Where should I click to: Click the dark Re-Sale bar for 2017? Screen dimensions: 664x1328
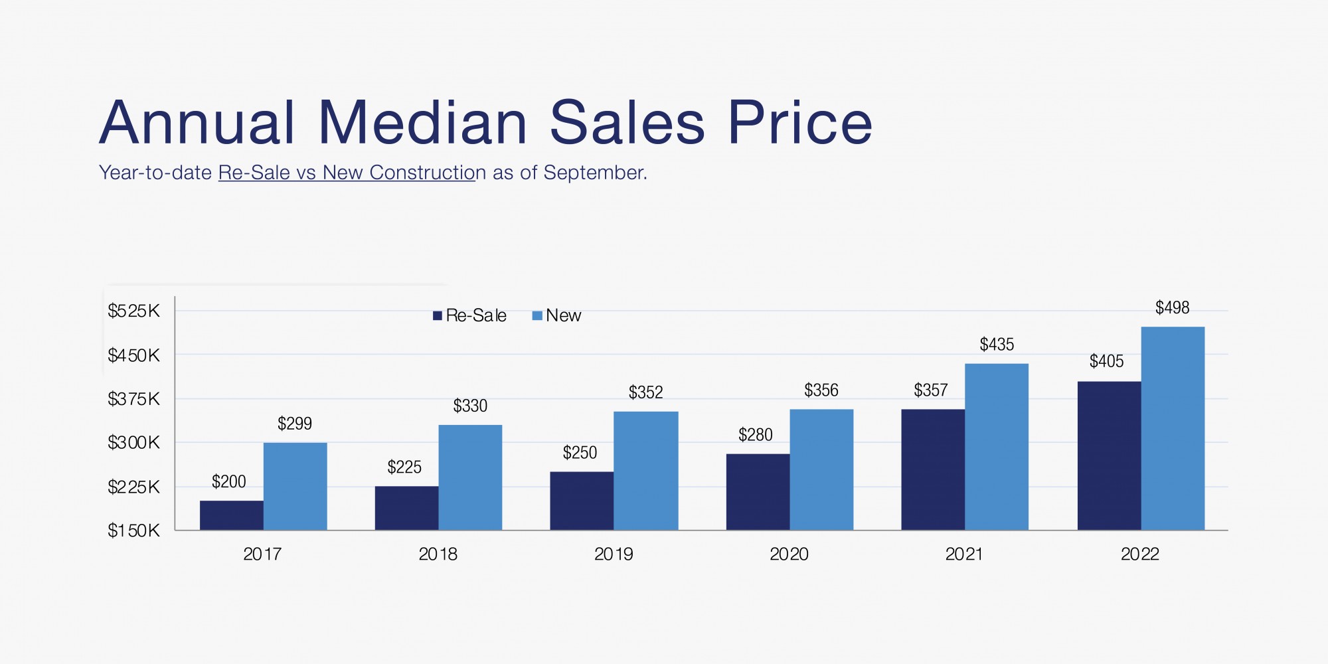click(231, 515)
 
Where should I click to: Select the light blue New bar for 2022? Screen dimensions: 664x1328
click(1173, 428)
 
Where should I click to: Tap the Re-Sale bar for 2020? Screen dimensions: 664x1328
click(758, 492)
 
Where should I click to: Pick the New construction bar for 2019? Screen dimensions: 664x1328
click(645, 471)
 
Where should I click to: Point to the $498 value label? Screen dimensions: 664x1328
click(1172, 307)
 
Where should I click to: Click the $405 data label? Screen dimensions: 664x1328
click(1106, 361)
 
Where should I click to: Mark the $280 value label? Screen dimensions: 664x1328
click(755, 435)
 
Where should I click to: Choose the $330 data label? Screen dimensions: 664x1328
click(470, 406)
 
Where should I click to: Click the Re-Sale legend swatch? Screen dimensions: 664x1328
click(437, 316)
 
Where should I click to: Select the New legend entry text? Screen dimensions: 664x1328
click(563, 315)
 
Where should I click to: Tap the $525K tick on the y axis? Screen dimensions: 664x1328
click(133, 311)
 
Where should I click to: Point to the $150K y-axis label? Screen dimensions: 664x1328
click(133, 531)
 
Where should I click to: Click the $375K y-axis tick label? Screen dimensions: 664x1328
click(133, 399)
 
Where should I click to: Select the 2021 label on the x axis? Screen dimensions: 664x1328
click(964, 554)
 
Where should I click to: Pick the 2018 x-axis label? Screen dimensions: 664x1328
click(438, 554)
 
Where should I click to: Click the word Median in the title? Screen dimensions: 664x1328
click(423, 123)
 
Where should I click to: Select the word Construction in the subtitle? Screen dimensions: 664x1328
click(422, 173)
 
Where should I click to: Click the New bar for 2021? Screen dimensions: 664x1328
click(996, 447)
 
